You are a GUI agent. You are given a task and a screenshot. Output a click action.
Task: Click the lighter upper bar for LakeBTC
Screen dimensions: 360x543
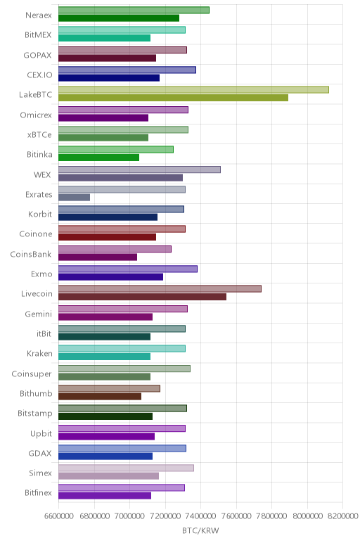click(193, 90)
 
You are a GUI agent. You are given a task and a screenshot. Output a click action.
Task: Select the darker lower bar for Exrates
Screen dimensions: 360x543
click(74, 198)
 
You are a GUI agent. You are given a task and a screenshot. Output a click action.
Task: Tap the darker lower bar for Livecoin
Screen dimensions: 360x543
click(142, 297)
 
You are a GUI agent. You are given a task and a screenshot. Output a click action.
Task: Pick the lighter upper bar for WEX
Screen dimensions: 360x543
click(139, 170)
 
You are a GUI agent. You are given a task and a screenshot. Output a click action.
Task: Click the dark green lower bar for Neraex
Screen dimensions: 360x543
click(119, 18)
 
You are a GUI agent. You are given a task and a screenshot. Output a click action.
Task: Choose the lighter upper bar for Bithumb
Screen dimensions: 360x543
click(109, 388)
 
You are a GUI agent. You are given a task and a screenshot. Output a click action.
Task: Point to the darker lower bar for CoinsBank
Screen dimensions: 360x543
click(98, 257)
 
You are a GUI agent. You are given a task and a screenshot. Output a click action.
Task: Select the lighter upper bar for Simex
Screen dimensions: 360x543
click(126, 468)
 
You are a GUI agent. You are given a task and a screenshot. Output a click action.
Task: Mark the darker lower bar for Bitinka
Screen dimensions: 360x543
click(98, 158)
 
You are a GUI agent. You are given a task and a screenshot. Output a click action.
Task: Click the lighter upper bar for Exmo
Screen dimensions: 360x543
click(128, 269)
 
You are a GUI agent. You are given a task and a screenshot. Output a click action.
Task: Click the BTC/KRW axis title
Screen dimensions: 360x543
click(200, 530)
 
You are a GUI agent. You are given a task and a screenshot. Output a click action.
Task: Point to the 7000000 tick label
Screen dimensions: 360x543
click(130, 516)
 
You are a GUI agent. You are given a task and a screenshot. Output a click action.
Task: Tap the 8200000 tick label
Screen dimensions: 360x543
click(342, 516)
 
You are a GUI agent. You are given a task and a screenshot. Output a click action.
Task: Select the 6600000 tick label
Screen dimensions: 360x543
click(59, 516)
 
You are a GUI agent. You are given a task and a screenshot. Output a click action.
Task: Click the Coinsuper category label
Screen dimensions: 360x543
click(32, 374)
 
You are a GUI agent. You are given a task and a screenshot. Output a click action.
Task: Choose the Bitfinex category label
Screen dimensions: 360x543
click(38, 493)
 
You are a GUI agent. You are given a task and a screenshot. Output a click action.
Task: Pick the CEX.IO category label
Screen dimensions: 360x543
click(39, 75)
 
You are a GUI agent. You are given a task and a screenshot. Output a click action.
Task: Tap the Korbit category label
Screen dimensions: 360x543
click(40, 214)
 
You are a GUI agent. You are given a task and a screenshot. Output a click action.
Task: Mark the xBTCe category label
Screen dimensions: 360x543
click(39, 135)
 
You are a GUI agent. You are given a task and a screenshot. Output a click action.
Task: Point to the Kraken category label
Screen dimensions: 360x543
click(39, 354)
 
